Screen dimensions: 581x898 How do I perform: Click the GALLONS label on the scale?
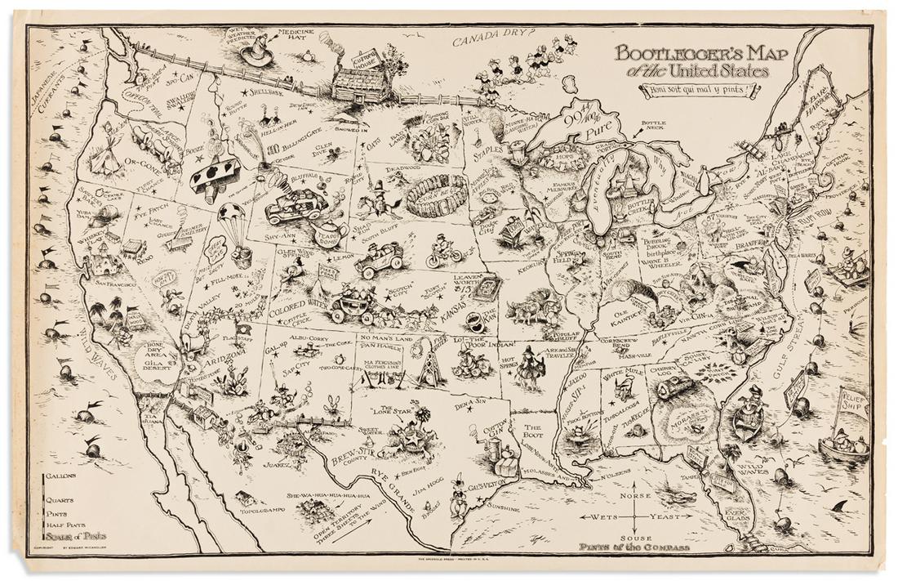click(61, 475)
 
